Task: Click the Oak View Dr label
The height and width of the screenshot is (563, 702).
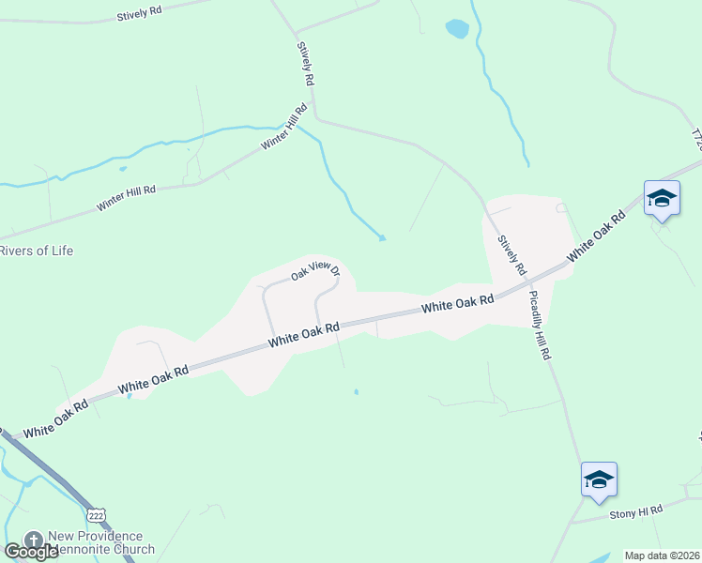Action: click(x=313, y=271)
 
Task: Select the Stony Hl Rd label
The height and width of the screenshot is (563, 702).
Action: click(x=635, y=510)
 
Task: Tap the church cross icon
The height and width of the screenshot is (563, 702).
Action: click(x=33, y=540)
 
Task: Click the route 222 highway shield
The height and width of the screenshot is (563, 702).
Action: click(x=95, y=514)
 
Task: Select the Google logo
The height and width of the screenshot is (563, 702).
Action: click(x=31, y=551)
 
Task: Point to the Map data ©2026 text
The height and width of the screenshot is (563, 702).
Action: click(x=662, y=555)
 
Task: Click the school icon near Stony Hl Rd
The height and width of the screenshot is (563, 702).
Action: click(x=599, y=480)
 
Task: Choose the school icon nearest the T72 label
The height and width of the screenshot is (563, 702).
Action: click(x=662, y=198)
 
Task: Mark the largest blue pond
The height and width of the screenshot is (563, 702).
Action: click(x=457, y=29)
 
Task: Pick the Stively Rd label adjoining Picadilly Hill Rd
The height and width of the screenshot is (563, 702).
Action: click(x=512, y=256)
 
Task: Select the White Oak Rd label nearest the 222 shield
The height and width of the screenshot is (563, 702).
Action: click(x=55, y=419)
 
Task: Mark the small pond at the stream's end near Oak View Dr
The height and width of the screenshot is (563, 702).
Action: click(x=381, y=237)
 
